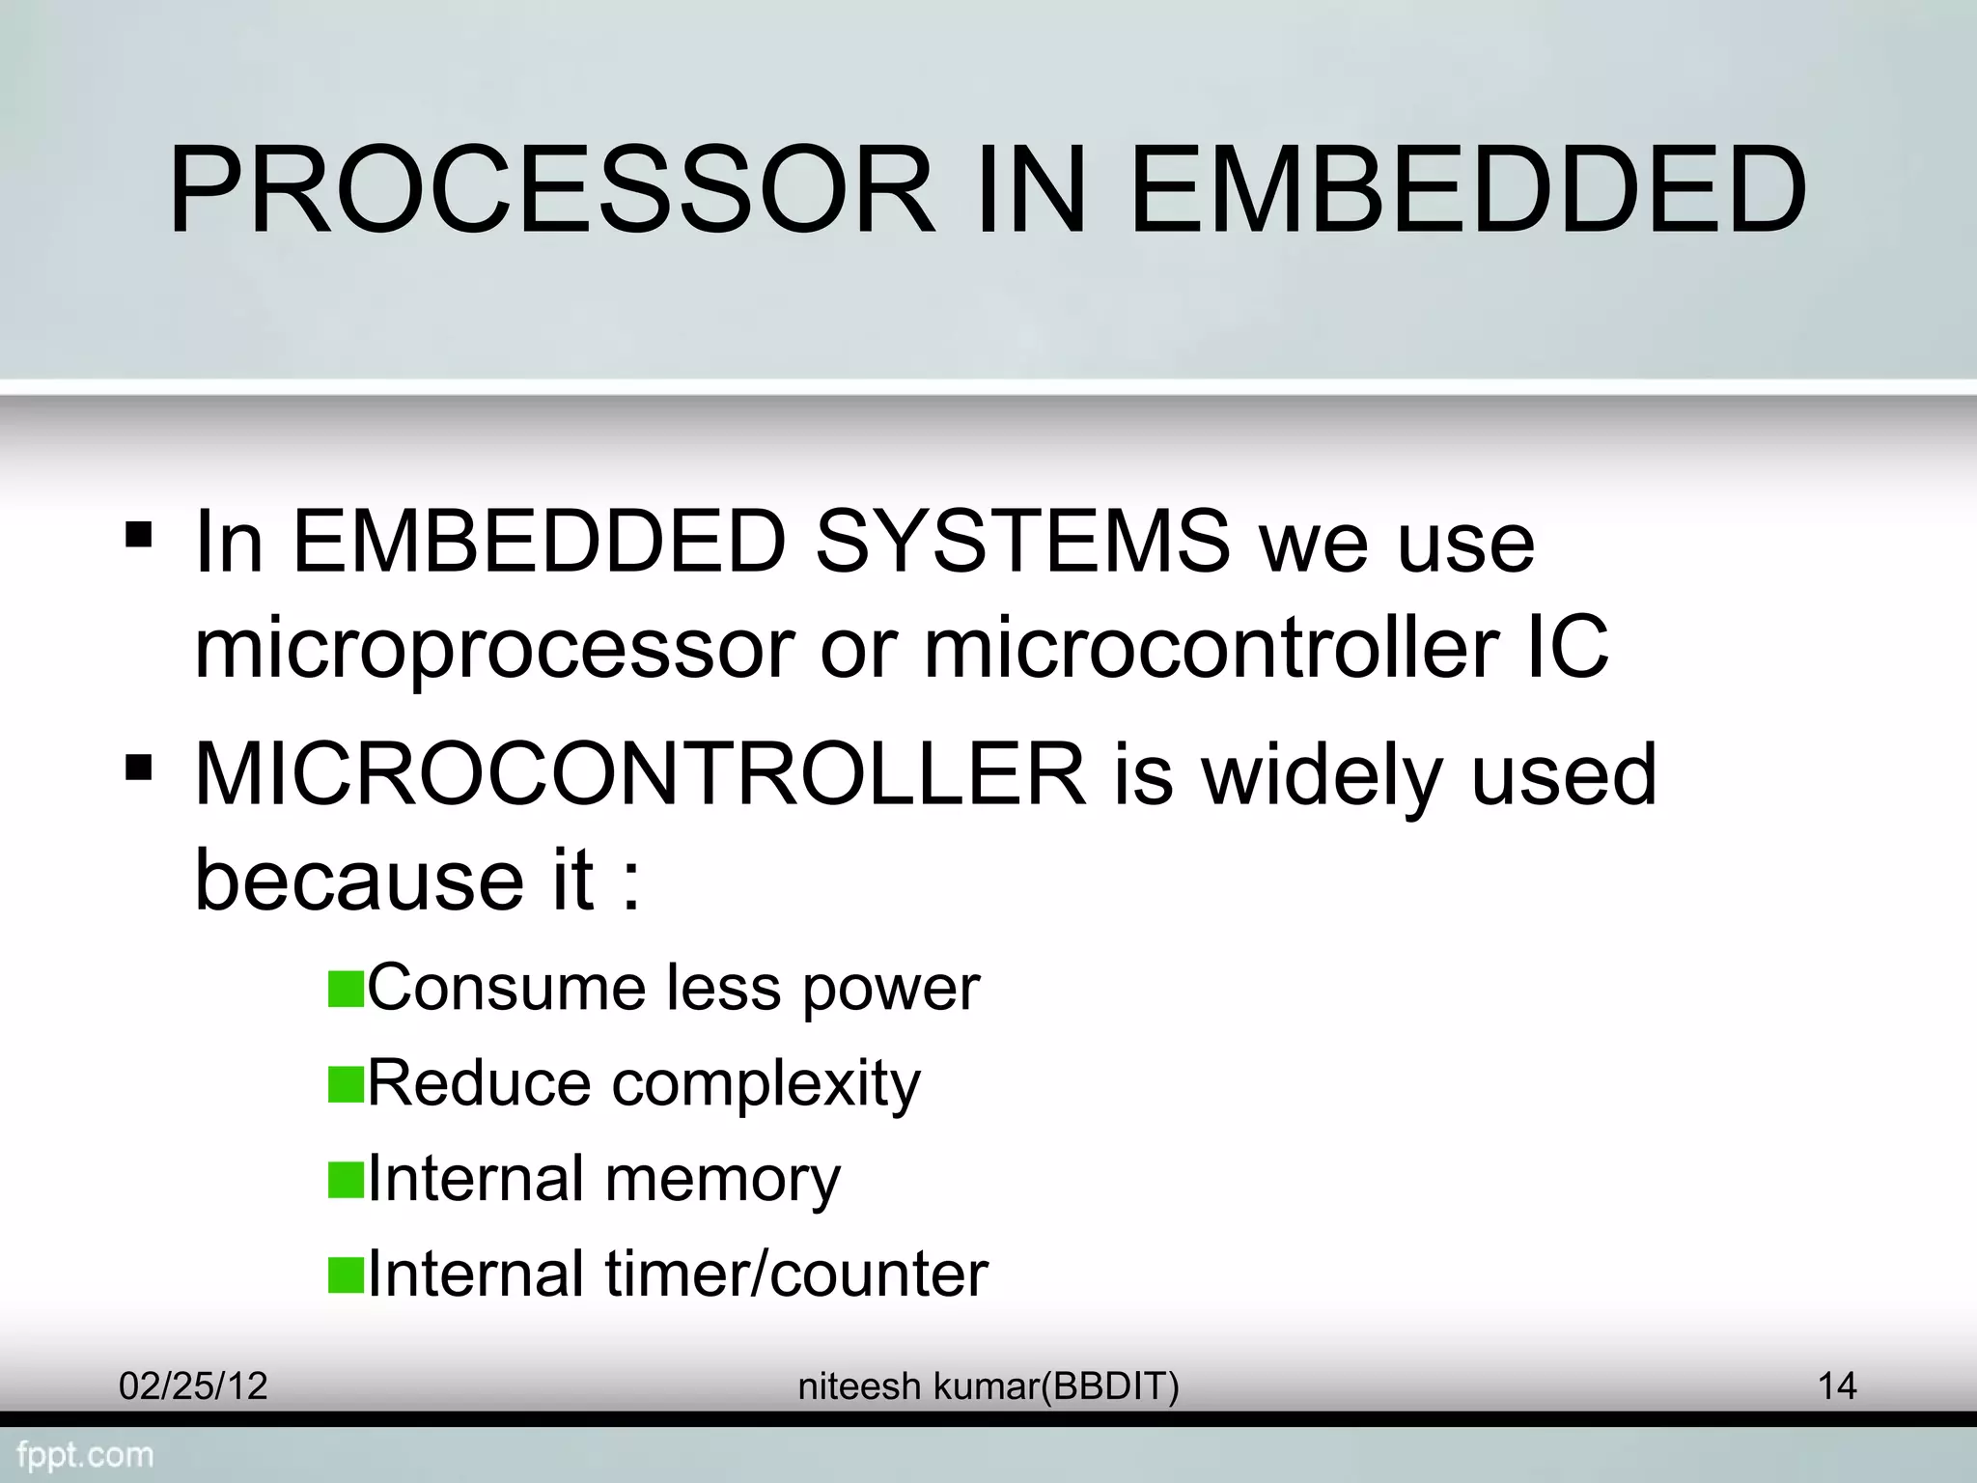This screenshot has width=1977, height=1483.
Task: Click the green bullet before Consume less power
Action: pyautogui.click(x=345, y=990)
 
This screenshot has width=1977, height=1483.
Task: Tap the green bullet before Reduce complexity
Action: pyautogui.click(x=345, y=1084)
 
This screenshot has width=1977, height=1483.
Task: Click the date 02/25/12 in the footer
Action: pyautogui.click(x=192, y=1386)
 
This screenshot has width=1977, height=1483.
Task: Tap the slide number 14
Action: pyautogui.click(x=1837, y=1386)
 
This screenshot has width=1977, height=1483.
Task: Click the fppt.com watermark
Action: pyautogui.click(x=85, y=1455)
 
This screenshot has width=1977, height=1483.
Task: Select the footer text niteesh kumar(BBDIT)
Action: pyautogui.click(x=988, y=1386)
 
